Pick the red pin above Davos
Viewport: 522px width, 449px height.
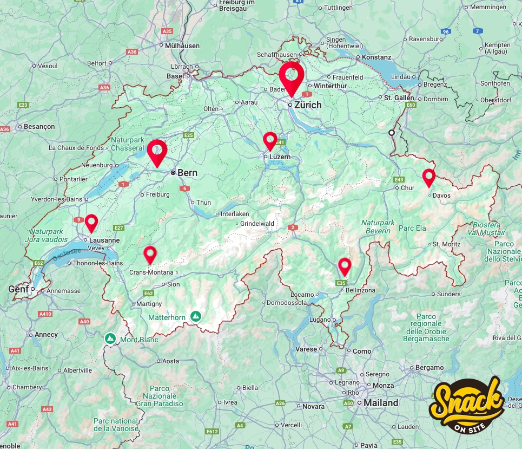pos(429,177)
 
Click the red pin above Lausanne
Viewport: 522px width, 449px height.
pos(91,222)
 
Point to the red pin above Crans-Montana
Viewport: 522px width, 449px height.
pos(150,253)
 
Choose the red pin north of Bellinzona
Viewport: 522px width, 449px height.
pos(345,265)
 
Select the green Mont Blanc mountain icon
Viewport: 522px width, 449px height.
pos(110,339)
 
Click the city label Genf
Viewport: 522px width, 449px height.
pos(17,290)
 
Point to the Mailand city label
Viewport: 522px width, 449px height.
pos(381,403)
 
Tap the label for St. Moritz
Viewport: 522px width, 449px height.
pos(446,244)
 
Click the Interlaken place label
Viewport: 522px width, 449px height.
pos(235,214)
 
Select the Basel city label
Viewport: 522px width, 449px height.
pos(175,76)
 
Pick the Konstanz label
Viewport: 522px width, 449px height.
pos(376,57)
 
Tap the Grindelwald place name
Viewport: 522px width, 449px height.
pos(257,223)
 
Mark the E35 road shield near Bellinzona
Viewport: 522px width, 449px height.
pos(341,283)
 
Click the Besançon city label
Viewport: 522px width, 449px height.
pos(39,126)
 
